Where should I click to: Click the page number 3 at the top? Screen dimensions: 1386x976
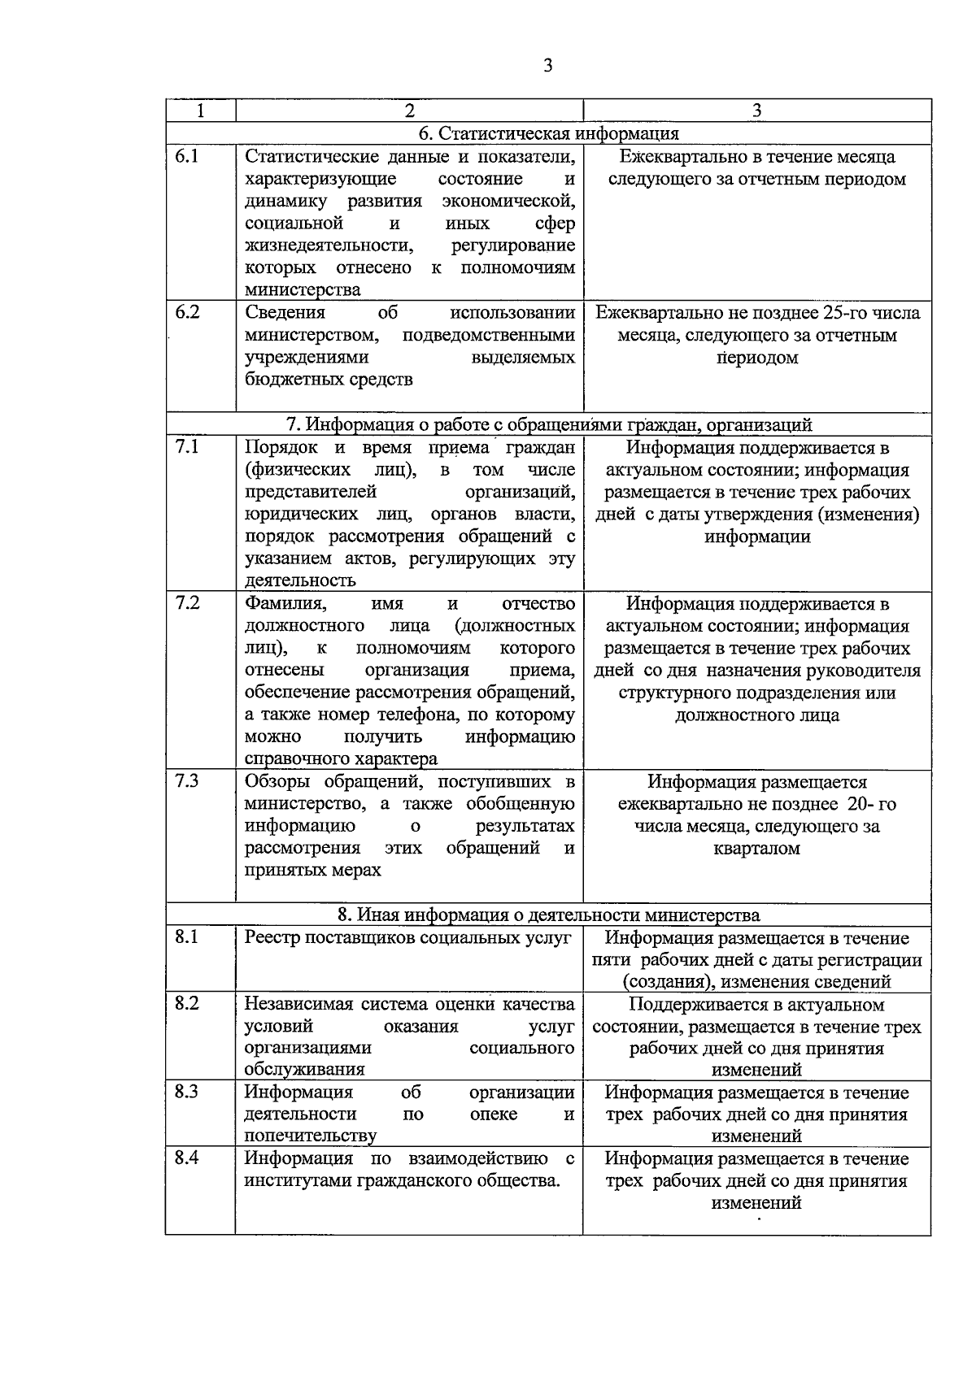(x=547, y=66)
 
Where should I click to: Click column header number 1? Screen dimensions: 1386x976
(x=200, y=111)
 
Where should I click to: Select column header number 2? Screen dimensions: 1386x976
(x=409, y=111)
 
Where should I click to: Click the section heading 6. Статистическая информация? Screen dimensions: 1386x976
(x=548, y=133)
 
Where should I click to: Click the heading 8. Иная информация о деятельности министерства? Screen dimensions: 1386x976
(x=548, y=915)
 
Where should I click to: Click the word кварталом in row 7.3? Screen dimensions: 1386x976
(x=756, y=849)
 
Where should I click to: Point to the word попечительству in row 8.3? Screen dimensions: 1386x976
(x=310, y=1136)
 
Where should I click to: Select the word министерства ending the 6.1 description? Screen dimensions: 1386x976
(x=303, y=290)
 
